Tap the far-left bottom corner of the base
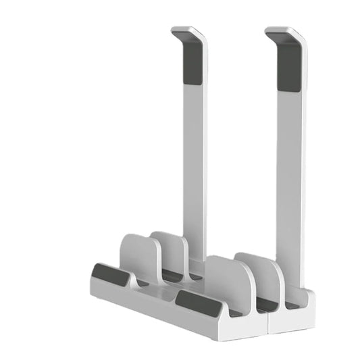[x=91, y=287]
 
